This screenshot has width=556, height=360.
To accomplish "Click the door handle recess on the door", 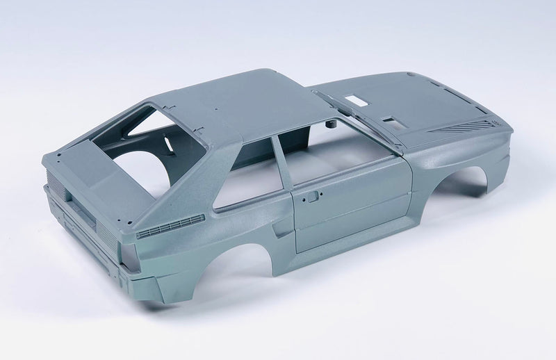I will [x=312, y=197].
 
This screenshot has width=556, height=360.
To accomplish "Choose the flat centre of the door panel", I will [x=347, y=208].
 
